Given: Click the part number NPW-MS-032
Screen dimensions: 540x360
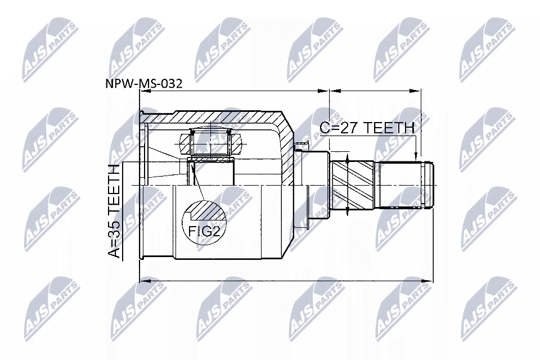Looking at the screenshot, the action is (x=144, y=84).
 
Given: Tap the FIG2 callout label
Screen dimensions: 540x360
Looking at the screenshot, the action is (x=205, y=231).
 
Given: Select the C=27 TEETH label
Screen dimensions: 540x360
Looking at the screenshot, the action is (x=367, y=128).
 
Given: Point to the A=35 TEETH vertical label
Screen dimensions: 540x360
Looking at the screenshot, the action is (x=114, y=211).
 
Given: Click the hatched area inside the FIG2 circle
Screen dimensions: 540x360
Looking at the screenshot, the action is (x=208, y=211).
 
